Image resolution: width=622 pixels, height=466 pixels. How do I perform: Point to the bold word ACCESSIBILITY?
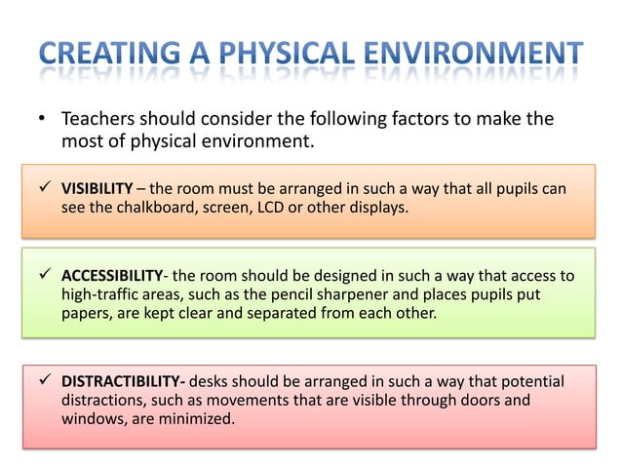coord(116,276)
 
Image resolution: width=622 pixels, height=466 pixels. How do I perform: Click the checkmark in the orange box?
coord(44,188)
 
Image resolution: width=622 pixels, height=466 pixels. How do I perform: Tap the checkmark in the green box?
coord(44,276)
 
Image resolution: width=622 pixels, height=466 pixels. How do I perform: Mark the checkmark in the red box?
coord(44,380)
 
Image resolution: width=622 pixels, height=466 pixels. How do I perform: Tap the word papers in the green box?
coord(86,313)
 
